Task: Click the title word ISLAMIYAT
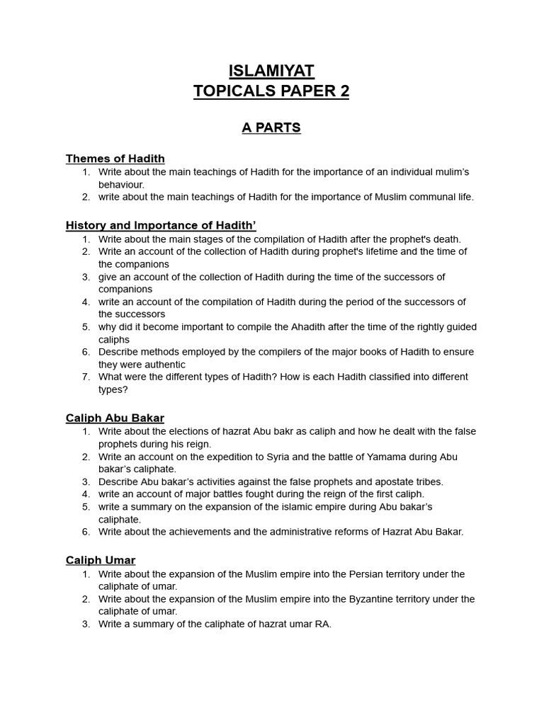[271, 71]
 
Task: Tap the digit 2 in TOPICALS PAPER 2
[344, 92]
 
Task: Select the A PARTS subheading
[271, 128]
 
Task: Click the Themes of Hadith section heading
[115, 159]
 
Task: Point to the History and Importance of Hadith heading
[161, 226]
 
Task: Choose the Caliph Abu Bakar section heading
[115, 418]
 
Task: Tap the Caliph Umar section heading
[101, 561]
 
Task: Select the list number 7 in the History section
[86, 377]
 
